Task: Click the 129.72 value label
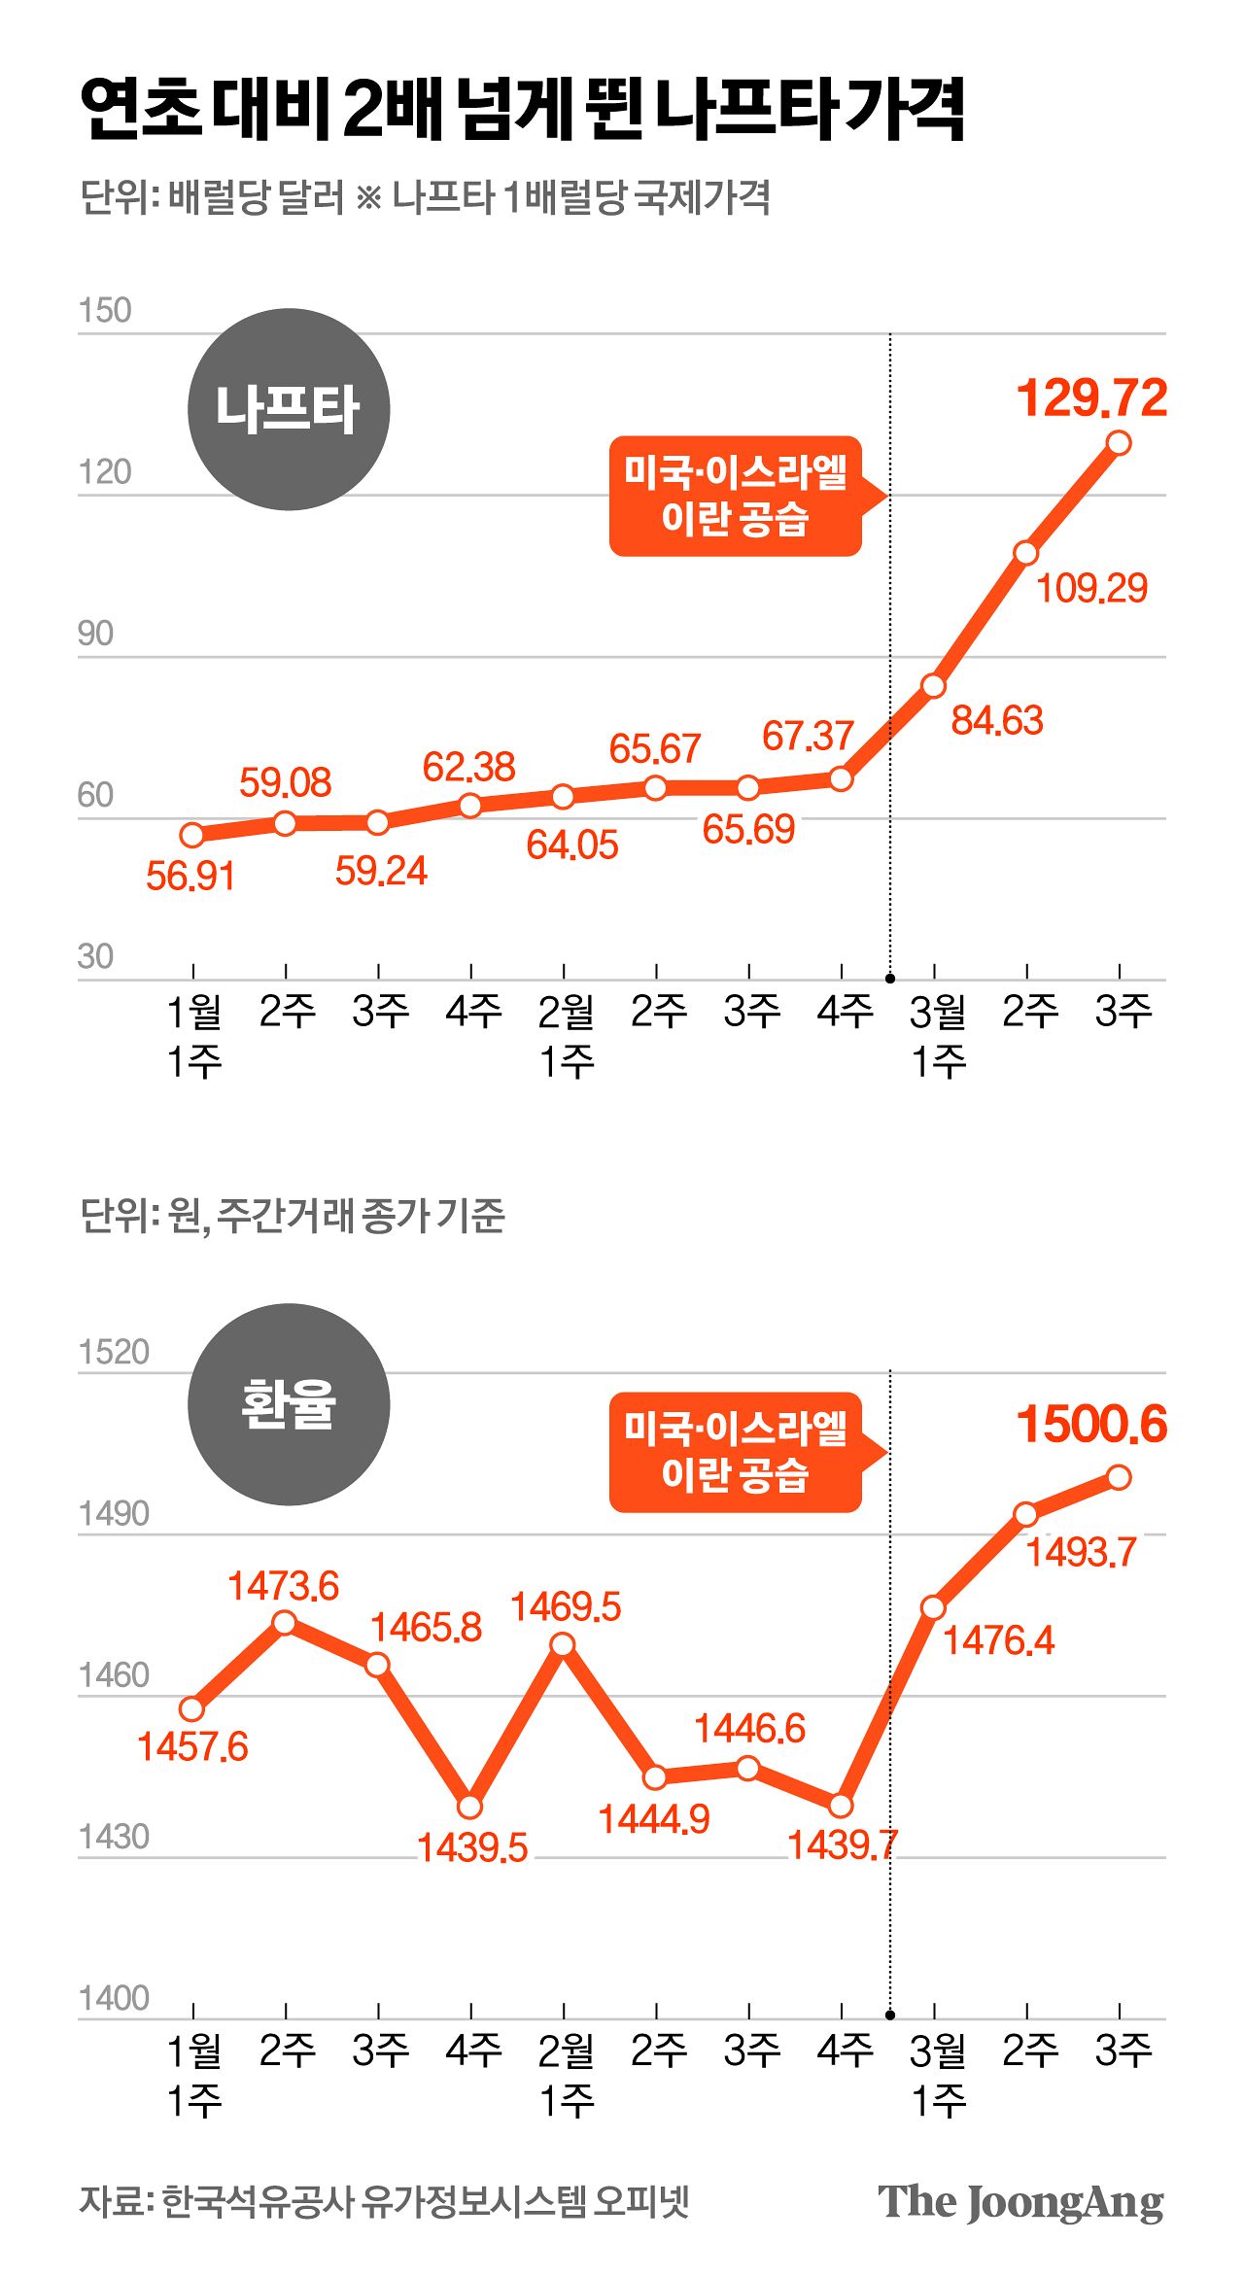pyautogui.click(x=1091, y=398)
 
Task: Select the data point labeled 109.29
pyautogui.click(x=1026, y=553)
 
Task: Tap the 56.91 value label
pyautogui.click(x=190, y=877)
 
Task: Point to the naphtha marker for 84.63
pyautogui.click(x=934, y=686)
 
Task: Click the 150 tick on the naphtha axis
pyautogui.click(x=104, y=311)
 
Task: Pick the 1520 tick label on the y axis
pyautogui.click(x=114, y=1352)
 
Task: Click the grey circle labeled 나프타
pyautogui.click(x=289, y=409)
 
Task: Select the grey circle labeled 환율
pyautogui.click(x=289, y=1404)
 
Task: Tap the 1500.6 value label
pyautogui.click(x=1091, y=1425)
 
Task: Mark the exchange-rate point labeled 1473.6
pyautogui.click(x=285, y=1623)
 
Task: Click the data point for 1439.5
pyautogui.click(x=470, y=1807)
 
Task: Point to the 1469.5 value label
pyautogui.click(x=566, y=1607)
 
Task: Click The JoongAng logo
pyautogui.click(x=1020, y=2203)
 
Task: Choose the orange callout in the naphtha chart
pyautogui.click(x=736, y=496)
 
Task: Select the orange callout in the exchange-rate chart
pyautogui.click(x=736, y=1452)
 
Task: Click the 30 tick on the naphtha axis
pyautogui.click(x=95, y=957)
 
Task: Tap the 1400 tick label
pyautogui.click(x=114, y=1998)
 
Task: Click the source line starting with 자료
pyautogui.click(x=384, y=2201)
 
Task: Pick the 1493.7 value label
pyautogui.click(x=1082, y=1553)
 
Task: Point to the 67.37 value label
pyautogui.click(x=808, y=737)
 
